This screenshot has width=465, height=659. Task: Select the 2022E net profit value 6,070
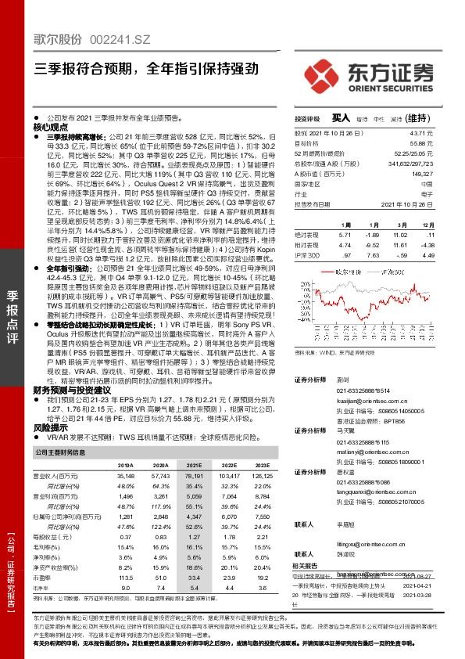click(x=227, y=516)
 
